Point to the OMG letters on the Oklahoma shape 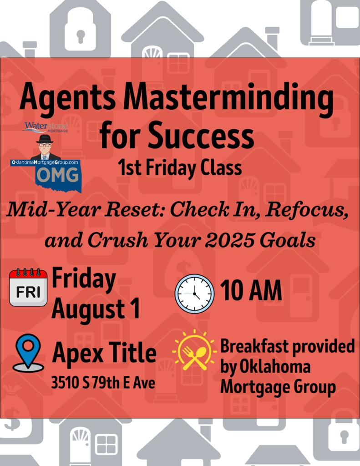pos(58,175)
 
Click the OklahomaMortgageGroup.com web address pos(45,162)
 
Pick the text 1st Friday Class pos(180,168)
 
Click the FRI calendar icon pos(28,288)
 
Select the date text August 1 pos(96,309)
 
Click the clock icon pos(194,294)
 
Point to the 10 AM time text pos(251,290)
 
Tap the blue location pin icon pos(28,353)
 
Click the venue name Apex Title pos(104,353)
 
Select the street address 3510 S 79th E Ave pos(103,382)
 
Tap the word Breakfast pos(255,346)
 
